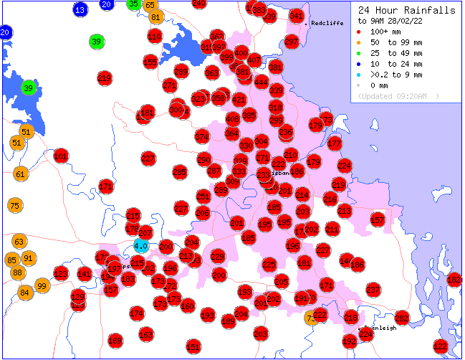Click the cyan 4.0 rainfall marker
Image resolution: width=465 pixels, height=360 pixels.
(x=140, y=247)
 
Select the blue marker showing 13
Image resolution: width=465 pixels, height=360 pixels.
(x=80, y=9)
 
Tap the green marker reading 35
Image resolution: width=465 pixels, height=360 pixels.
(x=133, y=4)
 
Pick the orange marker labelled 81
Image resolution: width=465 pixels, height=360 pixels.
(x=155, y=16)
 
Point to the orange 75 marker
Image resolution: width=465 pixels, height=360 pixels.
(x=15, y=206)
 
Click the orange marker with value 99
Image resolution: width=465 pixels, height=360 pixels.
(x=42, y=286)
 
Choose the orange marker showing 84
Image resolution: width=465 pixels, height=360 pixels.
(x=25, y=292)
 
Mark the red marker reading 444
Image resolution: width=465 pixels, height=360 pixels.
(x=261, y=82)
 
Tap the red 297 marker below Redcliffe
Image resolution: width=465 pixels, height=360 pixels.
(x=291, y=42)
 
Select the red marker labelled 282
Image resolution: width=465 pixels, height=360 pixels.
(x=401, y=318)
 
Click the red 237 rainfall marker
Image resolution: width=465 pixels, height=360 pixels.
(x=373, y=289)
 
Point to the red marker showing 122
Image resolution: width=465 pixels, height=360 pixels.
(x=441, y=346)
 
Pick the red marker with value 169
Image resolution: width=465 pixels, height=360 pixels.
(x=115, y=340)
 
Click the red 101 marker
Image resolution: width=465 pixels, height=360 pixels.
(x=61, y=156)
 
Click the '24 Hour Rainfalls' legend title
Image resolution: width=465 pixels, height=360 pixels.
(x=406, y=11)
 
